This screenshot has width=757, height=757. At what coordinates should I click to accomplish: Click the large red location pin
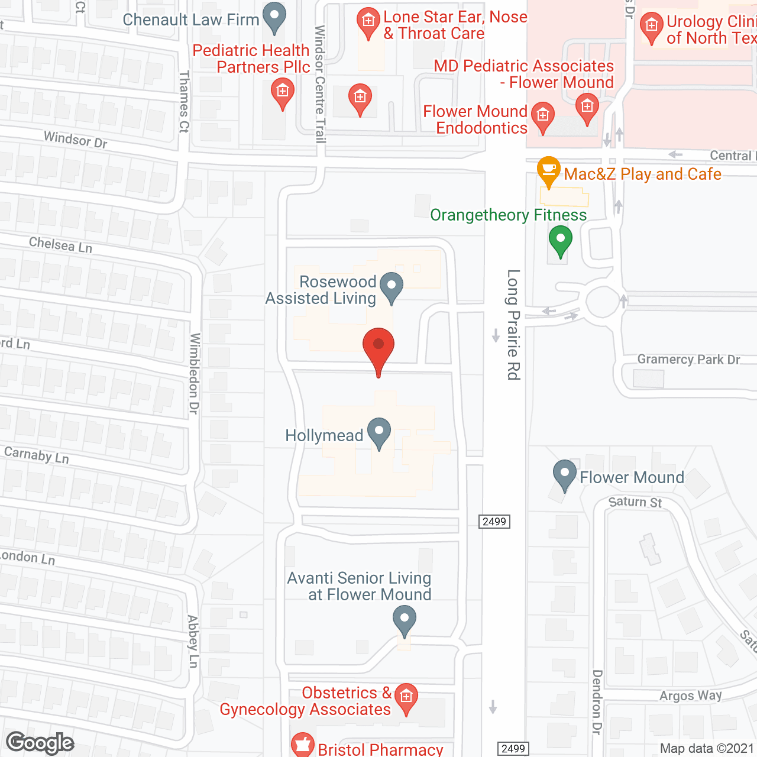[x=378, y=349]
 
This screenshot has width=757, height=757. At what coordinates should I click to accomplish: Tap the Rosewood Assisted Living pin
[x=391, y=286]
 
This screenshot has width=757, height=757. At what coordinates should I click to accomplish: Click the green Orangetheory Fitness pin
[x=560, y=241]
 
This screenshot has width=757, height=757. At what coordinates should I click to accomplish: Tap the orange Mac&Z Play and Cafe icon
[x=549, y=171]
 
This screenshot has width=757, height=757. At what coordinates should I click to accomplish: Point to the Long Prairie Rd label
[x=513, y=325]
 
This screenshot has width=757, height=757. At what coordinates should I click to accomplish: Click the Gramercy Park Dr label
[x=688, y=360]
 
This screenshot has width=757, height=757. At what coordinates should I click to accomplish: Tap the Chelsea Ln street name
[x=60, y=244]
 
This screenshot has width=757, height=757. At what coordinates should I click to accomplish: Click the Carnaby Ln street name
[x=37, y=455]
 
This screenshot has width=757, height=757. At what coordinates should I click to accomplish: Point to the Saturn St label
[x=635, y=502]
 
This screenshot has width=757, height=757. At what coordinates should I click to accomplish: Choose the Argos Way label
[x=691, y=695]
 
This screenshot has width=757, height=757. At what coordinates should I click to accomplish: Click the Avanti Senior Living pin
[x=405, y=620]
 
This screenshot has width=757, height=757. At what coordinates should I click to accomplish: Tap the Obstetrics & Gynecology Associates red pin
[x=406, y=698]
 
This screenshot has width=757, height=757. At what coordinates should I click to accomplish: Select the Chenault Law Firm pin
[x=274, y=17]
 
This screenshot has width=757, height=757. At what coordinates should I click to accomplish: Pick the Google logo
[x=40, y=743]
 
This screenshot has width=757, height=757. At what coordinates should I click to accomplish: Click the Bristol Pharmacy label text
[x=380, y=749]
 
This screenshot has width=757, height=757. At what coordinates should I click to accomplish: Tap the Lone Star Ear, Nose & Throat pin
[x=368, y=23]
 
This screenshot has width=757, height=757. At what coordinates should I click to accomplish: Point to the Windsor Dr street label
[x=76, y=140]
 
